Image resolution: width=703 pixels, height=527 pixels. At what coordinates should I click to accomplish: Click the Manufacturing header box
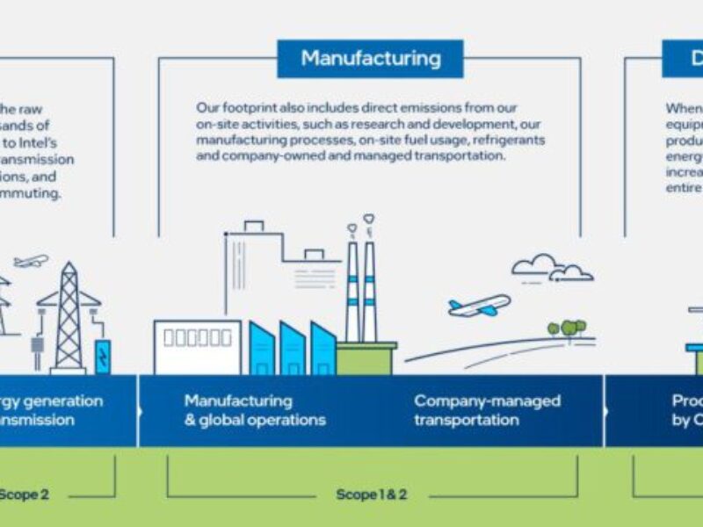(x=370, y=59)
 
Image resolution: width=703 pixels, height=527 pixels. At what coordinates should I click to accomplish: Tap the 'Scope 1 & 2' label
(x=371, y=495)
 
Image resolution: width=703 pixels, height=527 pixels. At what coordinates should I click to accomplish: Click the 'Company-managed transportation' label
(x=487, y=410)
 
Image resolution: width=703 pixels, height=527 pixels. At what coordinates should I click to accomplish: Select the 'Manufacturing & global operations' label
(x=255, y=410)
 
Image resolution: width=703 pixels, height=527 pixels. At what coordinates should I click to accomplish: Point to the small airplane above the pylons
(x=32, y=261)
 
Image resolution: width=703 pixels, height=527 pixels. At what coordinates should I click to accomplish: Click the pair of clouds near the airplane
(x=552, y=268)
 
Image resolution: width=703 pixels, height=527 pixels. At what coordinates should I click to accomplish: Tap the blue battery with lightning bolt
(x=103, y=356)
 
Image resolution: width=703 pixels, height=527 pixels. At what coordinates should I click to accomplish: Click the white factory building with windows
(x=197, y=346)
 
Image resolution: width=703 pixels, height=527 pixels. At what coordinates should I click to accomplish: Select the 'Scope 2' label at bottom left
(x=25, y=495)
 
